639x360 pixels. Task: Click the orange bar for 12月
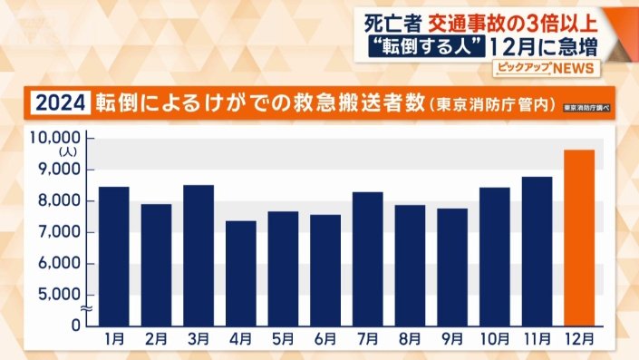coord(579,237)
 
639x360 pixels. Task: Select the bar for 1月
coord(113,255)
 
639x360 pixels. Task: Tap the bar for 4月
coord(240,272)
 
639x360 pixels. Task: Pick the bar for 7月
coord(367,258)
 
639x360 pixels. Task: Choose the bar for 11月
coord(537,250)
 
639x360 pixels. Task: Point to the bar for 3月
coord(198,254)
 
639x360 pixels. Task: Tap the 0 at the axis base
coord(77,324)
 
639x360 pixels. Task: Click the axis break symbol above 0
coord(82,310)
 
